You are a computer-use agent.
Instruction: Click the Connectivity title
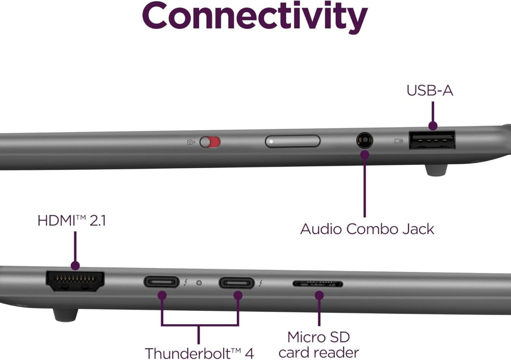255,17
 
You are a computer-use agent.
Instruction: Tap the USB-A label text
430,91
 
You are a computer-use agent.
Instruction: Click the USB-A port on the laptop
432,140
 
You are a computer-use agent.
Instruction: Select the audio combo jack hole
365,140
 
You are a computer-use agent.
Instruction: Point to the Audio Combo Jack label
367,229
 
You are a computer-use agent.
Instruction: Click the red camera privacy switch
210,142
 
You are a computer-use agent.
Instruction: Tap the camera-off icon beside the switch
191,142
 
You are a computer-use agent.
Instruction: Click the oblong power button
293,141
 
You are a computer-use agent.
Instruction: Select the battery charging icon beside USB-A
399,141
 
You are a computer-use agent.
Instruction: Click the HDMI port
75,281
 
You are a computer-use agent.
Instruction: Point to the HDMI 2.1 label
72,221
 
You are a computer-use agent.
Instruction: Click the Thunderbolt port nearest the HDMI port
161,282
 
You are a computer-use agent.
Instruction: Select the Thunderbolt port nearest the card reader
236,283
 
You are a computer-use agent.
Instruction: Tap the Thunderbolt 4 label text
199,353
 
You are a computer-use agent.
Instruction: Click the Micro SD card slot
318,284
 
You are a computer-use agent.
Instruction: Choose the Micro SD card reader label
319,345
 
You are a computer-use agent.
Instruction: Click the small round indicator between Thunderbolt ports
199,283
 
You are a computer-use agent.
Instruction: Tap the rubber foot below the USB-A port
436,170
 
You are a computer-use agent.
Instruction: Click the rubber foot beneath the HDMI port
66,315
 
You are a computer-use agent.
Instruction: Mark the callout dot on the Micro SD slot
319,295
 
